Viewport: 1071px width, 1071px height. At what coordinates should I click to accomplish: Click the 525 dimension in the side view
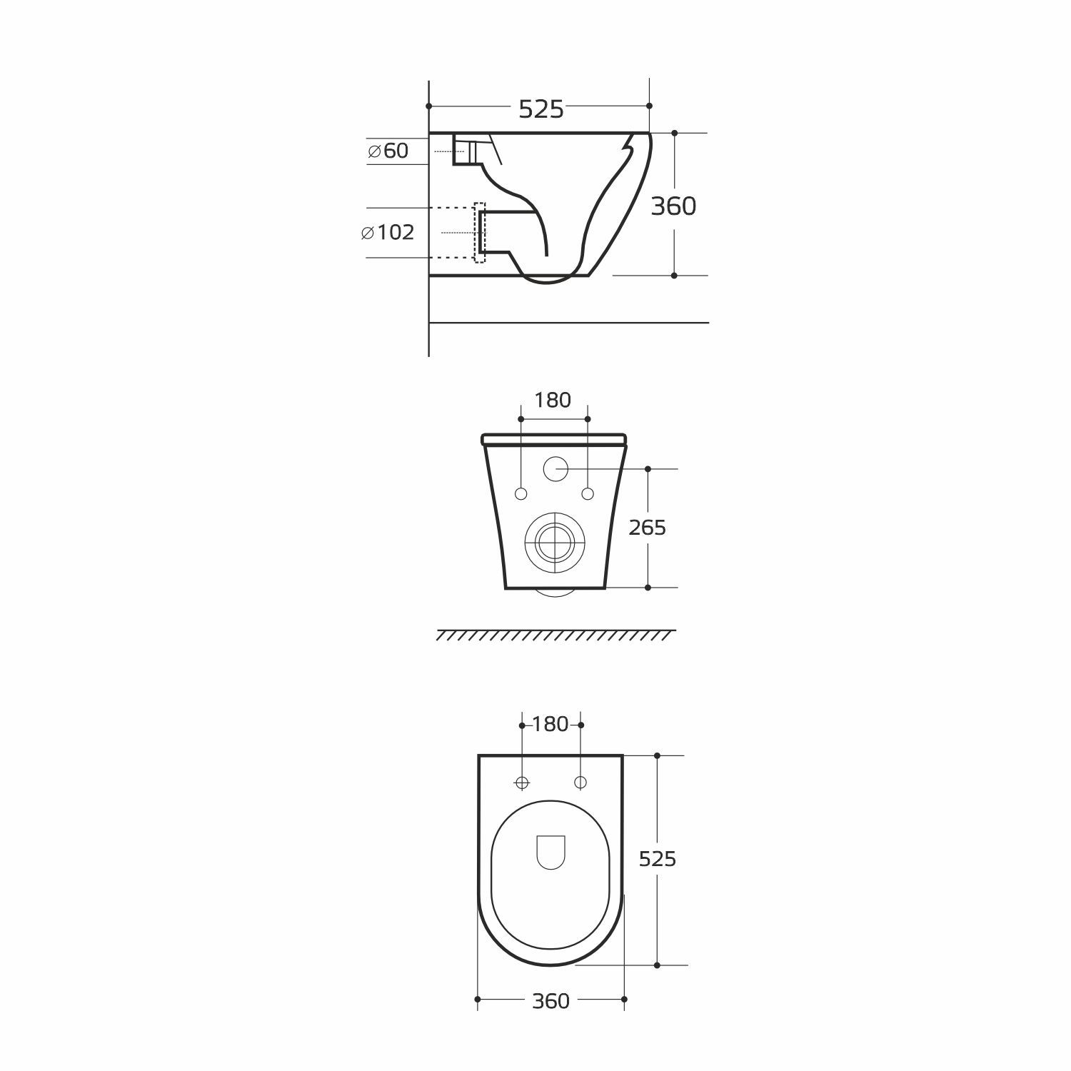[541, 109]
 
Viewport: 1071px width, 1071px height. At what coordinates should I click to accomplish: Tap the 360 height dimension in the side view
[673, 206]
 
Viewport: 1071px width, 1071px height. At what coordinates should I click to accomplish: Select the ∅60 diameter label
[388, 151]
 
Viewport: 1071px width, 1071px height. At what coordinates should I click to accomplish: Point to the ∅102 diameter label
[388, 233]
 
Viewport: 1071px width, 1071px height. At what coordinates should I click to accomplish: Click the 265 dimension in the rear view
[647, 528]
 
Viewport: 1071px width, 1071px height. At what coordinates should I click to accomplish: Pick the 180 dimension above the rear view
[553, 401]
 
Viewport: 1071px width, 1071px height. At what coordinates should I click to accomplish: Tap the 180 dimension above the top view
[550, 725]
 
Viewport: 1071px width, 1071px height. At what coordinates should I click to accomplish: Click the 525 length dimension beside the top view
[657, 859]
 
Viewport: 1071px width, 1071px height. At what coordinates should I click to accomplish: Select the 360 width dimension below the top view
[550, 1002]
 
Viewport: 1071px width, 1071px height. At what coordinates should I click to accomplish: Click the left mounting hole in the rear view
[521, 494]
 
